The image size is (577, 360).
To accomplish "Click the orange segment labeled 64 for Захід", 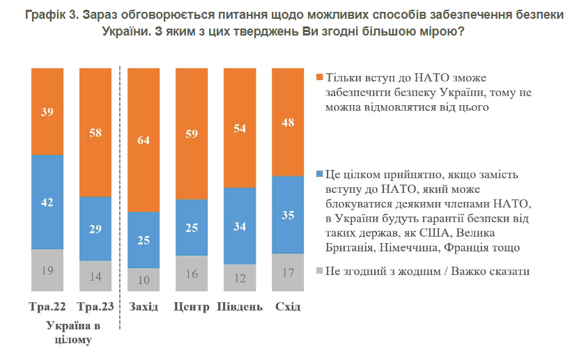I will [144, 139].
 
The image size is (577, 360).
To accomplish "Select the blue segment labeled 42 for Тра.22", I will [47, 202].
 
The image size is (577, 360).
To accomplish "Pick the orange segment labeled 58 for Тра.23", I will [95, 132].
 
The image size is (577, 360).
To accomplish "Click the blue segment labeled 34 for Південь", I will [240, 226].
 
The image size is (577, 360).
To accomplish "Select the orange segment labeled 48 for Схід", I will [288, 122].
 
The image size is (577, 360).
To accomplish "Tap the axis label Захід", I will [144, 307].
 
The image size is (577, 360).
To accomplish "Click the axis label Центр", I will [192, 307].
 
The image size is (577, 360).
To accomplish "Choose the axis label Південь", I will [240, 307].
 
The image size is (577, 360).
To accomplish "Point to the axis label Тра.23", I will [95, 307].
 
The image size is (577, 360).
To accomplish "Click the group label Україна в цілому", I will [72, 333].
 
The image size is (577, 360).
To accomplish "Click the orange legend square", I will [319, 77].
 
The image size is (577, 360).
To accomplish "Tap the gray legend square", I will [319, 271].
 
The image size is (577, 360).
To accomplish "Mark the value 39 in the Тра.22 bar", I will [47, 111].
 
